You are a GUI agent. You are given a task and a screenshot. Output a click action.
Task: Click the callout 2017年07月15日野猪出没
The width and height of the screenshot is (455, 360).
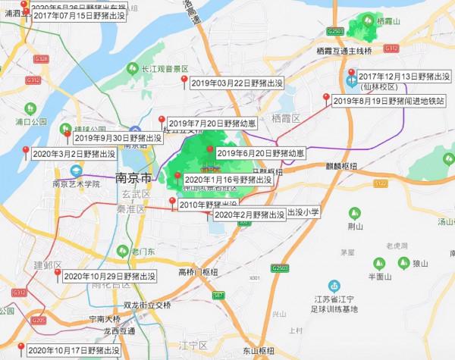point(77,15)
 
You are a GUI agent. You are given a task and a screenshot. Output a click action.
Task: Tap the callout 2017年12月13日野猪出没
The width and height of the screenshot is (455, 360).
point(400,77)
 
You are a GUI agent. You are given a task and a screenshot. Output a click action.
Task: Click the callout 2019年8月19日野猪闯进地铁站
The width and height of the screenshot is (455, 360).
point(389,100)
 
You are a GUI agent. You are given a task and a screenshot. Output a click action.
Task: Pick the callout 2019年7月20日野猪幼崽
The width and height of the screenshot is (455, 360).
point(206,123)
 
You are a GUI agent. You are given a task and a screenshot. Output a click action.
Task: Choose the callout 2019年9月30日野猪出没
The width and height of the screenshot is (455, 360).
point(118,138)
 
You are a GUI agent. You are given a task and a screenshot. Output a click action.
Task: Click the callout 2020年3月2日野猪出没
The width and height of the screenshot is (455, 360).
point(74,154)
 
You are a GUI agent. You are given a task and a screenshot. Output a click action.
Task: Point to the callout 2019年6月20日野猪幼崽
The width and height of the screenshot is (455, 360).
point(260,153)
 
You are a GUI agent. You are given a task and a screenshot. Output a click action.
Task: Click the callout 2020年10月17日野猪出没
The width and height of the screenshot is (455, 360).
point(74,351)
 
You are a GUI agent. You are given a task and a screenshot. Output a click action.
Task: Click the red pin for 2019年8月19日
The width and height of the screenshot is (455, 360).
point(327,96)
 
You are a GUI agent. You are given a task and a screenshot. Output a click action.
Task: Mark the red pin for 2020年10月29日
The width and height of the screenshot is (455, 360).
point(58,272)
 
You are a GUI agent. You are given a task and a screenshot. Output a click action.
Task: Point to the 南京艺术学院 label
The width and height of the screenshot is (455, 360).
point(76,183)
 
